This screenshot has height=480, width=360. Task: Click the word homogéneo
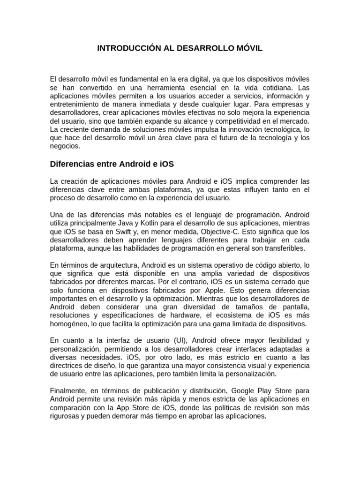point(68,323)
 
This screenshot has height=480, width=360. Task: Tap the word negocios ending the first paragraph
point(64,146)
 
